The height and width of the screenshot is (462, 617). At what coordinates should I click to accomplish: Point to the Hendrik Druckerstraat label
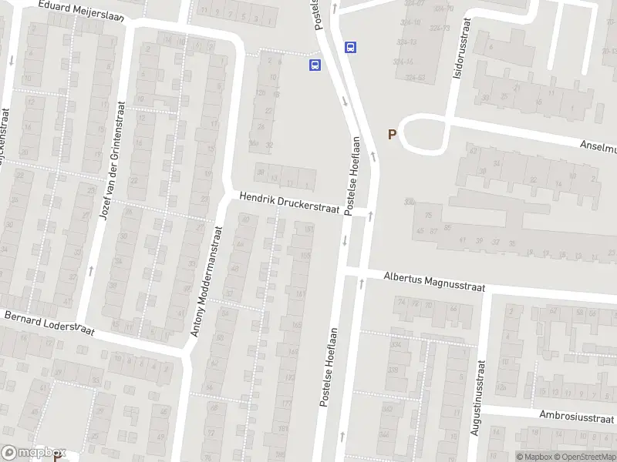click(x=289, y=205)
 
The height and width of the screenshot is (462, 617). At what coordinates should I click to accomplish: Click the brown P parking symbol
click(x=392, y=134)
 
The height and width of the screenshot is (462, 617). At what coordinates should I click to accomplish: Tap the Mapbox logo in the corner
click(x=33, y=453)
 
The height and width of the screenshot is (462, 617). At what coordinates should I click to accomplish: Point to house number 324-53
click(x=416, y=78)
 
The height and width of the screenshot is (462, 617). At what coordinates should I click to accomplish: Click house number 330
click(x=409, y=202)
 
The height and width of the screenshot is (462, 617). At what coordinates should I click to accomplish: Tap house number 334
click(x=396, y=345)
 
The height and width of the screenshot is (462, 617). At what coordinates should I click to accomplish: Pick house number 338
click(x=393, y=370)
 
